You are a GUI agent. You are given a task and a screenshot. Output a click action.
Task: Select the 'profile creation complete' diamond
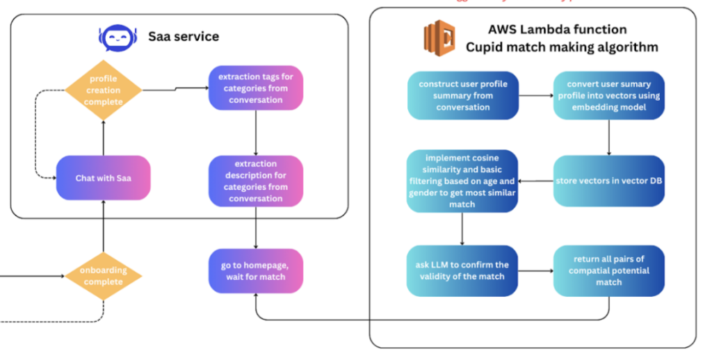point(104,90)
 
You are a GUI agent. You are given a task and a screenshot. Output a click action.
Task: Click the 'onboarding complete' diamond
point(104,276)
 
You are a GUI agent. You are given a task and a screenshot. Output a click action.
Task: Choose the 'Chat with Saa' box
point(103,178)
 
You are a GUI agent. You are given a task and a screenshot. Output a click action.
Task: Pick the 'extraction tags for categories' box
point(256,88)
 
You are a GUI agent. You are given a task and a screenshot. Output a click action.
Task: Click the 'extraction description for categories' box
point(256,181)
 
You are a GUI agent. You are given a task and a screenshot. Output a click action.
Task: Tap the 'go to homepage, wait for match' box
point(256,270)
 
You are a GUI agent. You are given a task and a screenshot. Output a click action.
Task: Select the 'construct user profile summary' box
point(462,95)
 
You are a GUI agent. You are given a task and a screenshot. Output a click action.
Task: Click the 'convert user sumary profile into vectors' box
point(608,95)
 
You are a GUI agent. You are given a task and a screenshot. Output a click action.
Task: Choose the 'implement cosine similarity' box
point(462,181)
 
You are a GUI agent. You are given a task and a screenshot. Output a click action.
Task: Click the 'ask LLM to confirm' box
point(462,270)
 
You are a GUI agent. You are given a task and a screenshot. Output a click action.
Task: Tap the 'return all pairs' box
point(608,270)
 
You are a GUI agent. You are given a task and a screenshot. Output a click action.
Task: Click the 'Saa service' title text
point(184,36)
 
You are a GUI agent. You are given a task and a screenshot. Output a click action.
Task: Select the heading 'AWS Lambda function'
point(557,30)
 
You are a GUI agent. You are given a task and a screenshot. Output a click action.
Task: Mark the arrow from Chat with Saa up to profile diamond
point(103,137)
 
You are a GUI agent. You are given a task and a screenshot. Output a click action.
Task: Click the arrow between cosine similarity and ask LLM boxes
point(462,229)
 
